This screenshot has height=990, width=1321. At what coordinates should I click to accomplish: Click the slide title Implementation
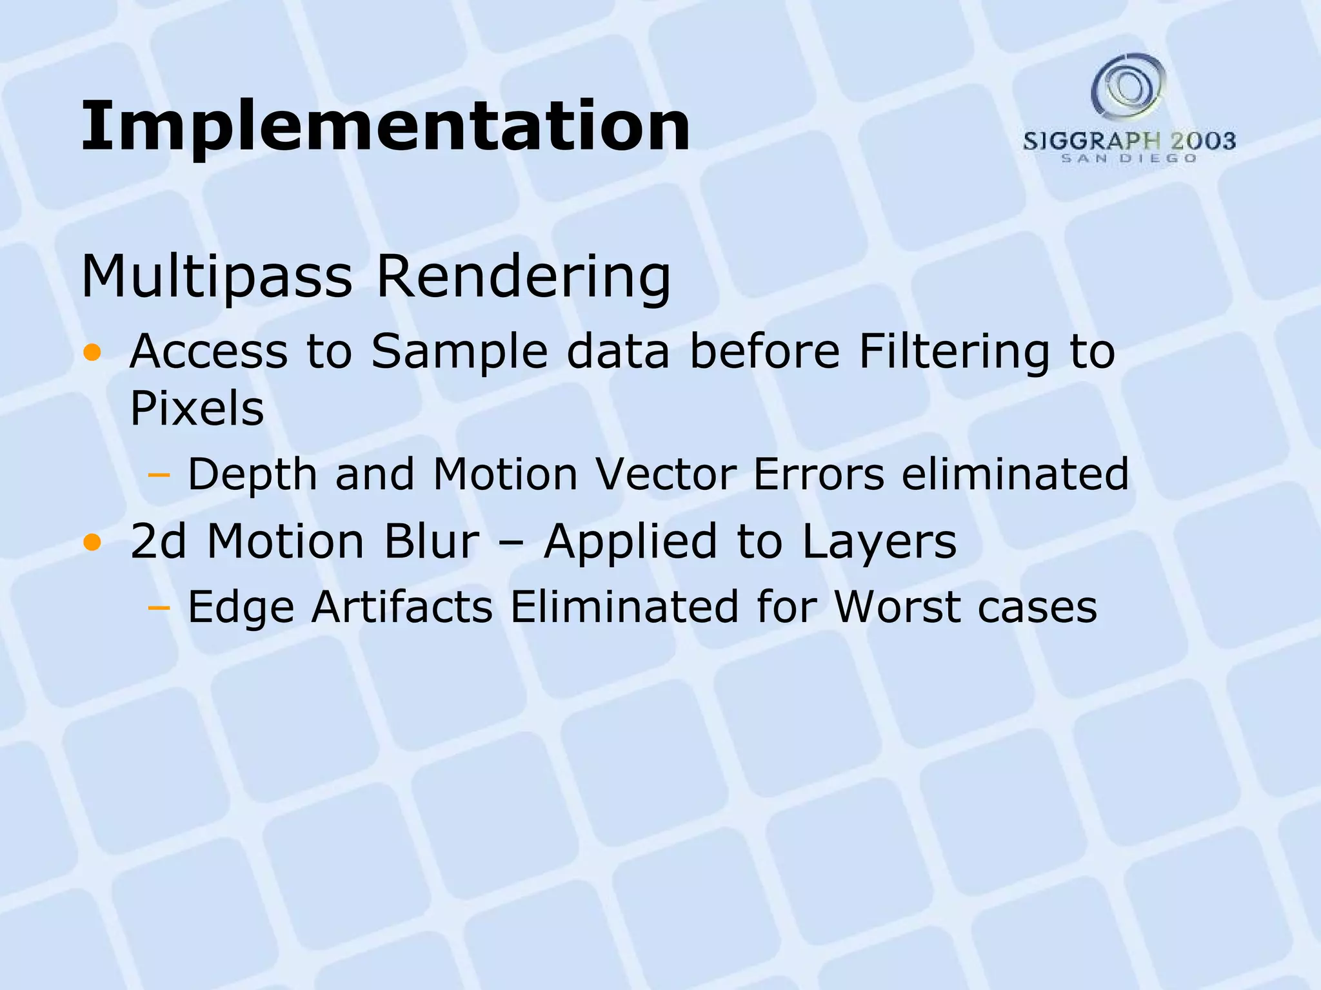[386, 126]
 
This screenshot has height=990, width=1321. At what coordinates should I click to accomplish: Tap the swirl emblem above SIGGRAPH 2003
[1128, 86]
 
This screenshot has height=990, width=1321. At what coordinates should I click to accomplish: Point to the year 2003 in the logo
[1203, 141]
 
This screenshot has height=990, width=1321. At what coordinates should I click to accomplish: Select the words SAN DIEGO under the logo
[1129, 159]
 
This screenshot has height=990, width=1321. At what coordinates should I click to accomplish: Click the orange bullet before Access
[92, 353]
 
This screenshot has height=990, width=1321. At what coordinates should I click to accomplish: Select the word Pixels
[197, 408]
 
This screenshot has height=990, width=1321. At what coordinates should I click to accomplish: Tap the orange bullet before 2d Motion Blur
[92, 543]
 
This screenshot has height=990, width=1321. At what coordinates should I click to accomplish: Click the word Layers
[879, 541]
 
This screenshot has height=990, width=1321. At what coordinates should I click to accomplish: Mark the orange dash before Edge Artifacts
[158, 608]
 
